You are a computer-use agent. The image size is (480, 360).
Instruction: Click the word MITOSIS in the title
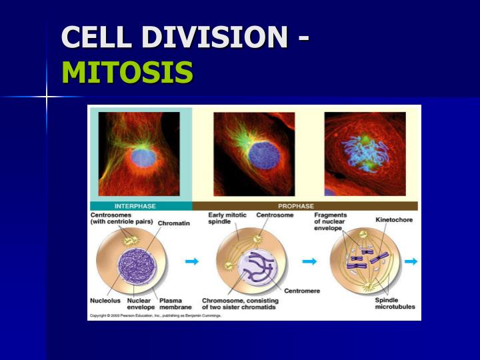(x=127, y=72)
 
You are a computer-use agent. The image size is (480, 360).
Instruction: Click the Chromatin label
(x=173, y=223)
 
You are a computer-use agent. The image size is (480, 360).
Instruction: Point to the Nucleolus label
(x=105, y=301)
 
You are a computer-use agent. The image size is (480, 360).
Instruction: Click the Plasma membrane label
(x=175, y=304)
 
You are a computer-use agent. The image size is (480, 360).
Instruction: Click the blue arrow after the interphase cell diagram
(x=192, y=261)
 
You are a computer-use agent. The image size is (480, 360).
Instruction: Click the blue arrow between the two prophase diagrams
(x=309, y=261)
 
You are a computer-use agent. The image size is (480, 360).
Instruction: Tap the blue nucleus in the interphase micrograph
(x=143, y=157)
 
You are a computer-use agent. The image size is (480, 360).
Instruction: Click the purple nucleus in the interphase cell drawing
(x=137, y=263)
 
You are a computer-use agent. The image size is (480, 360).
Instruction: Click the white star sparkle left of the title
(x=47, y=97)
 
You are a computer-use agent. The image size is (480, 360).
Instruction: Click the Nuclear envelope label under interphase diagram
(x=140, y=304)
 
